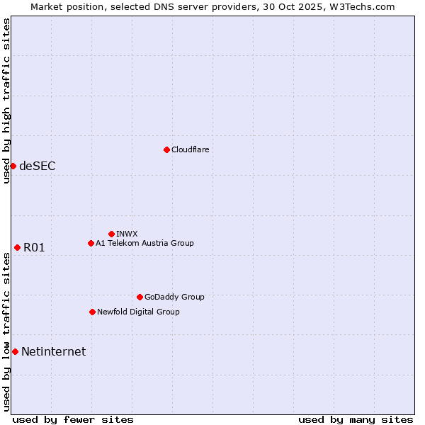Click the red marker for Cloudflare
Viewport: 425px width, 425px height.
[166, 149]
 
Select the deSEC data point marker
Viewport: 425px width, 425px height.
[13, 166]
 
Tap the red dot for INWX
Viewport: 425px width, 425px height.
[111, 234]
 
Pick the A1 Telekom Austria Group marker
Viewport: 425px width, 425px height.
[91, 243]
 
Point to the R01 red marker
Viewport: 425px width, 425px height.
[17, 247]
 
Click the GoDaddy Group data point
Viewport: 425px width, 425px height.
[140, 297]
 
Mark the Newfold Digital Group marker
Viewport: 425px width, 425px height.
[92, 312]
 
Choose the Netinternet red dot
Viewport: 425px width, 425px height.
[15, 351]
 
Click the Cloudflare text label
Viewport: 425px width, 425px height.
[191, 149]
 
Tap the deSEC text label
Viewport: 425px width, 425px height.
[38, 166]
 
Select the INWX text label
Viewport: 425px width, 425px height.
[127, 234]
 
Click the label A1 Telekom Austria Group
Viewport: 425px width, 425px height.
[144, 243]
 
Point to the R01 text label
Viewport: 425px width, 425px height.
[34, 248]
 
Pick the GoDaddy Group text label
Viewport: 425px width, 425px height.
[174, 297]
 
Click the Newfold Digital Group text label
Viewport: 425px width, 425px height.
[138, 312]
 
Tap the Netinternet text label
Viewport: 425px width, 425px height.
[54, 352]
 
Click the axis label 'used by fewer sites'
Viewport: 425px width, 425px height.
[73, 419]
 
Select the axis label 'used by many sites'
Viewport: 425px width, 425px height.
[356, 419]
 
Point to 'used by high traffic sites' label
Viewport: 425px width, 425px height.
[6, 101]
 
